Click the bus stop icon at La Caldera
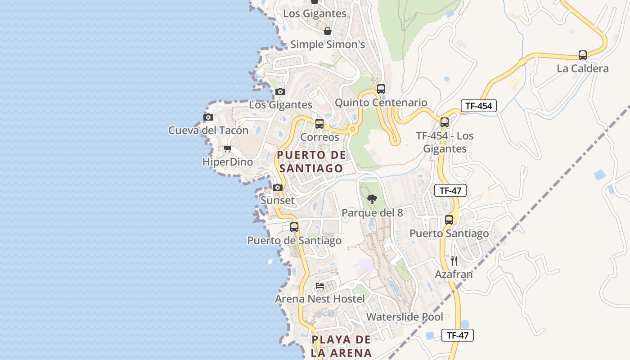pos(582,55)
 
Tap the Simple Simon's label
pos(327,45)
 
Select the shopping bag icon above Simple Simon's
pos(327,31)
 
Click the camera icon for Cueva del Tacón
pos(208,117)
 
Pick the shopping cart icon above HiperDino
pos(228,148)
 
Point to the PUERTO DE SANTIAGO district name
pos(311,162)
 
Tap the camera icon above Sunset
pos(278,187)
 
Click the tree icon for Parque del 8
pos(372,199)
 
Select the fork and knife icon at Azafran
pos(454,261)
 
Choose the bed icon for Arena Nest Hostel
pos(320,285)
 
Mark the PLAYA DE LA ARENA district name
pos(342,346)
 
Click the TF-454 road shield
pos(479,106)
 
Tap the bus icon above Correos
pos(319,123)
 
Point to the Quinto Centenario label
pos(381,103)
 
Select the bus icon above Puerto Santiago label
pos(449,220)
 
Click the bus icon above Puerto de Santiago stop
pos(294,227)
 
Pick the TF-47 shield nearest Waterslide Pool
pos(458,335)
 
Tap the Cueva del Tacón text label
pos(208,130)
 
